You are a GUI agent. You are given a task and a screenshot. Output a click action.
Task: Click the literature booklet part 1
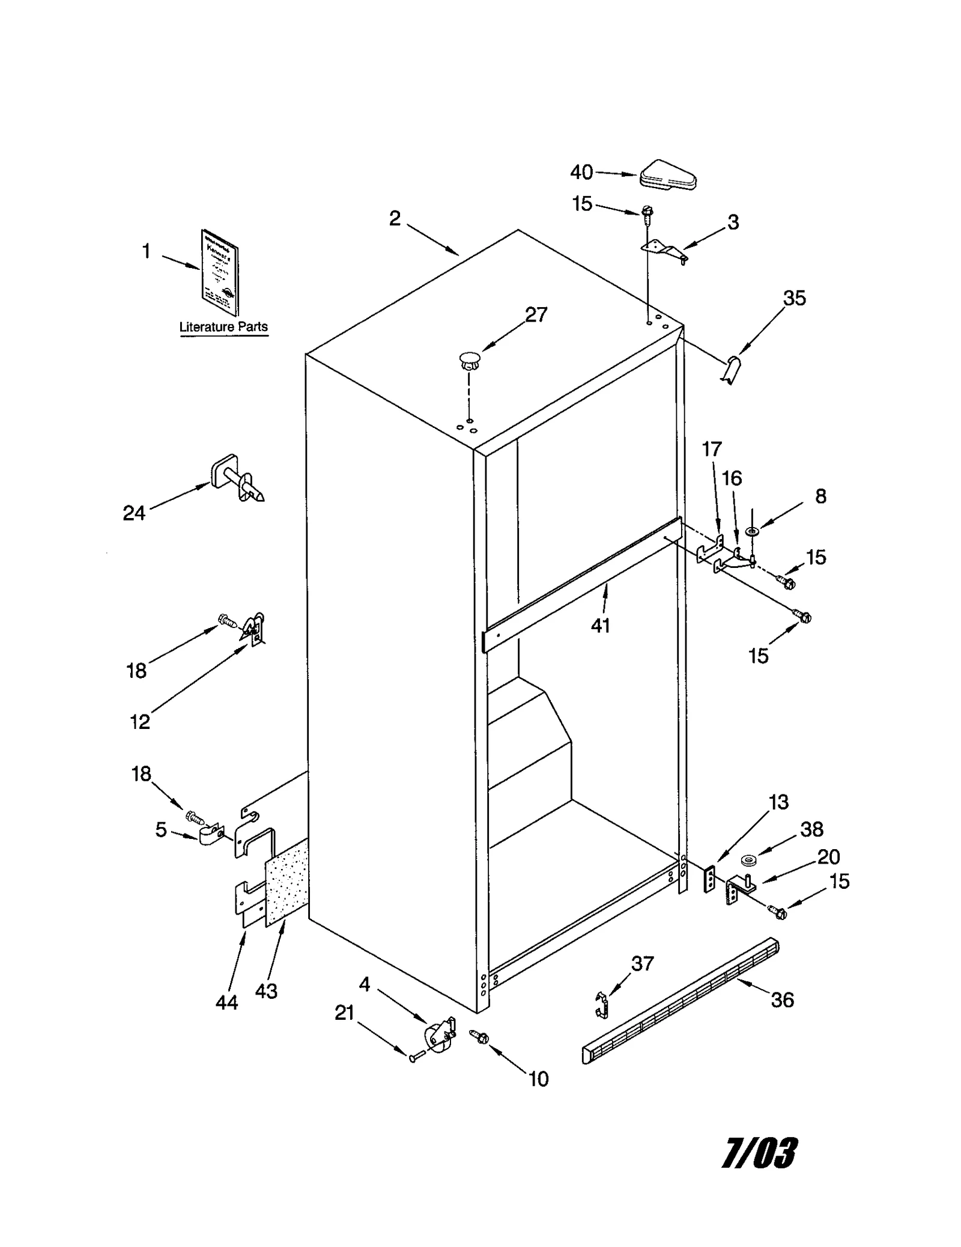pyautogui.click(x=219, y=272)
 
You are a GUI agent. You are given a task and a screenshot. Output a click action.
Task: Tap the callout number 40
pyautogui.click(x=581, y=172)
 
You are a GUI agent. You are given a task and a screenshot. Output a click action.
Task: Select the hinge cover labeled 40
pyautogui.click(x=667, y=175)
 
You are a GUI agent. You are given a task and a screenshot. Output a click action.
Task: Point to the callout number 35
pyautogui.click(x=794, y=298)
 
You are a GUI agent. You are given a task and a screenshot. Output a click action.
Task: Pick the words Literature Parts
pyautogui.click(x=223, y=327)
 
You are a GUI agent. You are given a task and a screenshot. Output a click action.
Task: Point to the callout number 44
pyautogui.click(x=226, y=1002)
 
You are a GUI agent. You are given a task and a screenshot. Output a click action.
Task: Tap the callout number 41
pyautogui.click(x=600, y=626)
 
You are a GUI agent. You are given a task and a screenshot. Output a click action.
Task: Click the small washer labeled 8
pyautogui.click(x=751, y=531)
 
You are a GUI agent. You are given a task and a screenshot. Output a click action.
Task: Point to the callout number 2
pyautogui.click(x=394, y=218)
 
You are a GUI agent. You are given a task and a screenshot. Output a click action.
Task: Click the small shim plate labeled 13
pyautogui.click(x=711, y=880)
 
